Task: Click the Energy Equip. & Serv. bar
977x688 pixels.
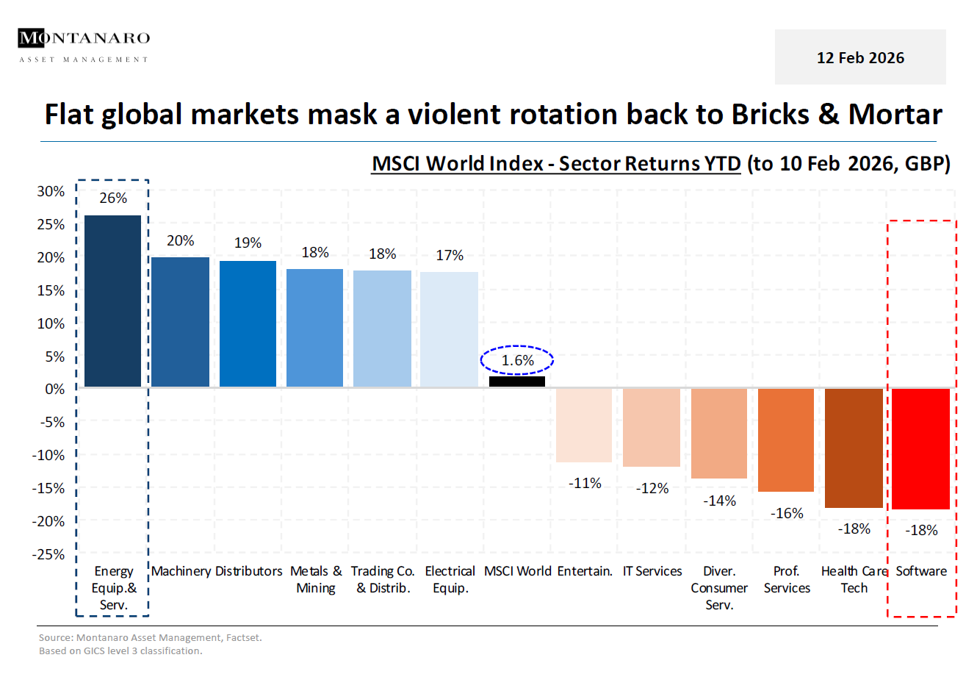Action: click(x=112, y=301)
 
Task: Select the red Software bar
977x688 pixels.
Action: click(x=920, y=448)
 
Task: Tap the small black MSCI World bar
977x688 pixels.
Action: click(x=517, y=381)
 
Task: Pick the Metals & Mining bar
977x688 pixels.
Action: click(x=314, y=328)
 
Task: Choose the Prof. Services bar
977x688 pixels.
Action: click(x=786, y=440)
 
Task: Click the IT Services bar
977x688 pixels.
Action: click(x=652, y=427)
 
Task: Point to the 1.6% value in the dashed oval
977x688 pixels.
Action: click(x=517, y=361)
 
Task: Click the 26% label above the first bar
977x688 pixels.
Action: click(x=113, y=198)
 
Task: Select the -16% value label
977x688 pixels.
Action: click(x=787, y=514)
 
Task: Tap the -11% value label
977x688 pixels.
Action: click(x=585, y=484)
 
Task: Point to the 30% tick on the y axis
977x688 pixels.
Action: click(x=51, y=192)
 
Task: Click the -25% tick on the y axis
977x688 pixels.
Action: click(x=48, y=555)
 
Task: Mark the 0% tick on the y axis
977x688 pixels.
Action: click(x=55, y=390)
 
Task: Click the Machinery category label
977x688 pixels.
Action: click(x=181, y=572)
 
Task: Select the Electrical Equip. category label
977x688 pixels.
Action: click(x=450, y=580)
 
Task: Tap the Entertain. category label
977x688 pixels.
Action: click(x=585, y=572)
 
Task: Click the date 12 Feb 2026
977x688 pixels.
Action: click(x=860, y=58)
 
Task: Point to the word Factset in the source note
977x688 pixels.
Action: click(x=242, y=638)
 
